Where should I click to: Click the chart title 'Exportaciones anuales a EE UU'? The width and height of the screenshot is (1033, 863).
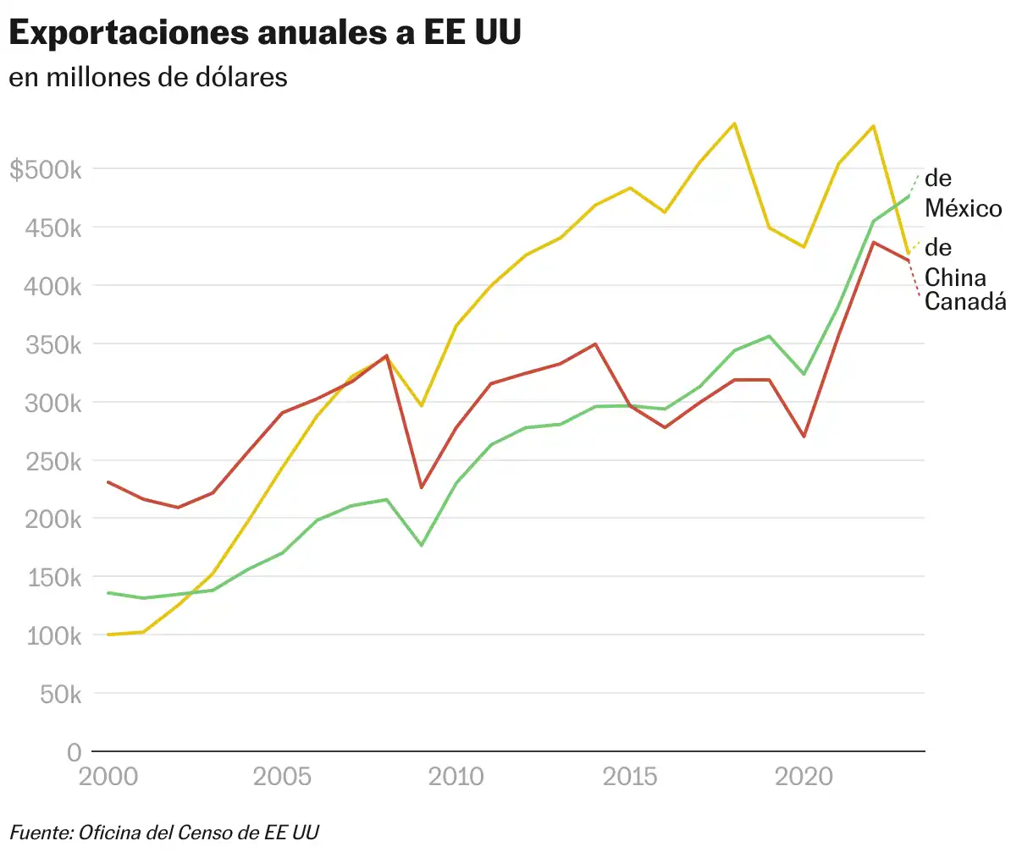point(264,34)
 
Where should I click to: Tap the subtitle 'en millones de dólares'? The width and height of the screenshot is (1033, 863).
point(148,77)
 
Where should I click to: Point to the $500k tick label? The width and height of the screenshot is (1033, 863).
point(46,170)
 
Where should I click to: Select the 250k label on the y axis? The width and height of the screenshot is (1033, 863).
point(54,462)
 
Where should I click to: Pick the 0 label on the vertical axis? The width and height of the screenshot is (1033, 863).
point(75,752)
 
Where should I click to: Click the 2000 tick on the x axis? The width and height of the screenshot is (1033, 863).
point(108,777)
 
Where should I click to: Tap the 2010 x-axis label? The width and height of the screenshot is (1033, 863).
point(456,777)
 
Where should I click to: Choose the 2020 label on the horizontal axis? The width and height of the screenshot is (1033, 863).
point(804,777)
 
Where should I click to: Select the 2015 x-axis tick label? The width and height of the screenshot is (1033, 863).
point(630,777)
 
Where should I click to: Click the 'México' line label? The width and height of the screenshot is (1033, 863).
point(963,208)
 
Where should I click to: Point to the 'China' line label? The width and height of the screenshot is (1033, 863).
point(955,278)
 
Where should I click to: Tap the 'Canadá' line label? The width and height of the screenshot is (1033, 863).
point(965,301)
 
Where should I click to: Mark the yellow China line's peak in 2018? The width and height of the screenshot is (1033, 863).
point(734,124)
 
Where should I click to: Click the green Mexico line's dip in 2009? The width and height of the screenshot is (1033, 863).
point(421,545)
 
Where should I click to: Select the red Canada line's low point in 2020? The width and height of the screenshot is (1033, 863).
point(804,437)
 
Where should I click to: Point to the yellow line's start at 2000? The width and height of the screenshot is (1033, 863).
point(108,635)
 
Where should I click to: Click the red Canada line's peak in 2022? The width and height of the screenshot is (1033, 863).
point(874,243)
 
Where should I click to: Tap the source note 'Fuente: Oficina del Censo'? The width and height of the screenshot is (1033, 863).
point(164,833)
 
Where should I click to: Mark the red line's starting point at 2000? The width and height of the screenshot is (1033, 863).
point(108,482)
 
